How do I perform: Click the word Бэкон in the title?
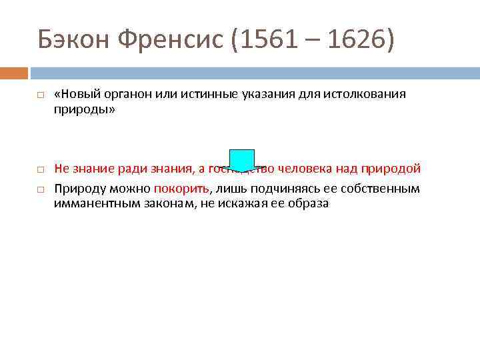point(73,41)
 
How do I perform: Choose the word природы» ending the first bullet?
point(85,110)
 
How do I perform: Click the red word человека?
point(321,168)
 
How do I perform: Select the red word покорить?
point(181,189)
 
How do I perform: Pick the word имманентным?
point(97,204)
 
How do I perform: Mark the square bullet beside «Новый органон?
point(40,95)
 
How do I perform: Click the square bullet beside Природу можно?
point(40,189)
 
